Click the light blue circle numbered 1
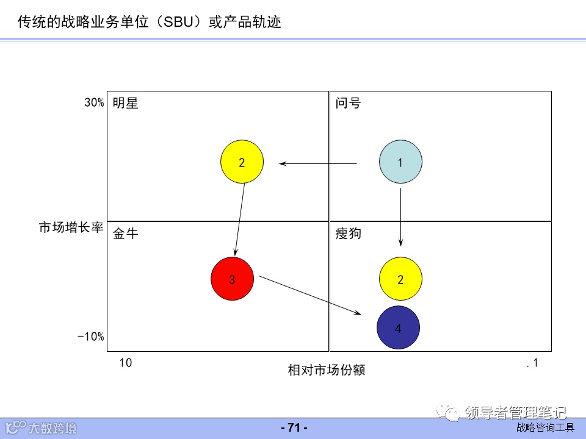(x=400, y=162)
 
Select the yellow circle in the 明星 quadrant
(x=242, y=162)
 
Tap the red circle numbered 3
(x=232, y=279)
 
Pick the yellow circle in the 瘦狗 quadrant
(x=400, y=280)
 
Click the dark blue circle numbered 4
(x=398, y=328)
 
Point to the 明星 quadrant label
(x=126, y=103)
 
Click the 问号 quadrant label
(x=348, y=103)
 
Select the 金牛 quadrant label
(x=126, y=234)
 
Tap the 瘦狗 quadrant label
(x=348, y=234)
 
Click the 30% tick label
(x=94, y=102)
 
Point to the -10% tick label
(x=91, y=337)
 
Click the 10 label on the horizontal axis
(x=125, y=363)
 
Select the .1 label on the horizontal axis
(x=532, y=363)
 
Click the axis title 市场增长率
(x=71, y=228)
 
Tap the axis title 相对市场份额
(x=327, y=370)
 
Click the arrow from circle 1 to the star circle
(x=319, y=163)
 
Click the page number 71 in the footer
(x=294, y=428)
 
